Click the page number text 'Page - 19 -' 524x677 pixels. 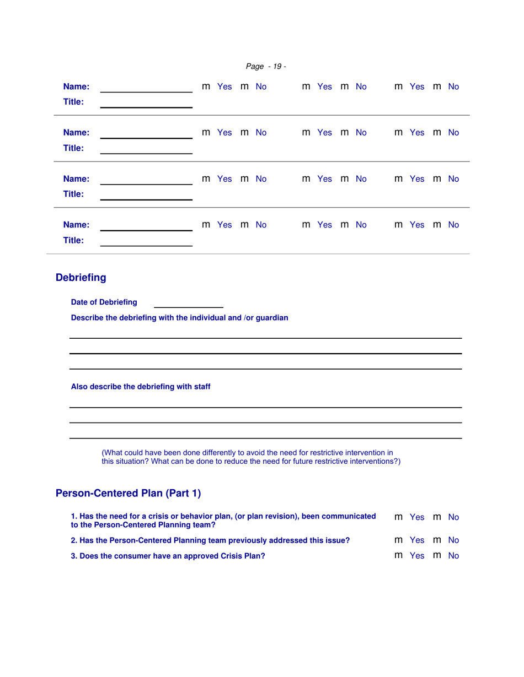point(265,67)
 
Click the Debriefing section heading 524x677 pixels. point(81,278)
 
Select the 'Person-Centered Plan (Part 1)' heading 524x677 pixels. point(129,493)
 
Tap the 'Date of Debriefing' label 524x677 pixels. point(104,302)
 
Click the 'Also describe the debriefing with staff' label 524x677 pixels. point(141,387)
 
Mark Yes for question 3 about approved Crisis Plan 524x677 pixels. point(398,556)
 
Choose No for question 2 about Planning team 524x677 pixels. point(437,540)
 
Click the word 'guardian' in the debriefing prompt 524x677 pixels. point(269,318)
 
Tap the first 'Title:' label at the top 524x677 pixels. point(73,102)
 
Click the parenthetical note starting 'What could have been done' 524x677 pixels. point(251,457)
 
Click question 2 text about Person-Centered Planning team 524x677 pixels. point(210,540)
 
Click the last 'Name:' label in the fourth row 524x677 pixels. point(76,225)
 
